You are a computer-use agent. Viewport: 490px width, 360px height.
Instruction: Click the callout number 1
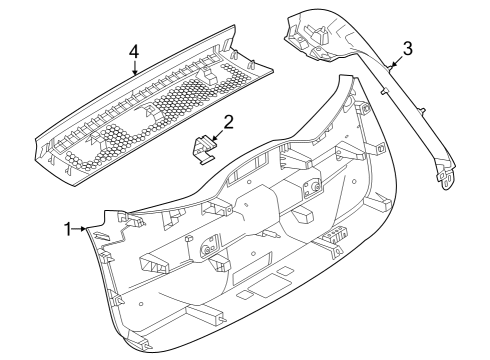[x=68, y=229]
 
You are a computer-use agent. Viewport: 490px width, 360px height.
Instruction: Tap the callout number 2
[x=229, y=123]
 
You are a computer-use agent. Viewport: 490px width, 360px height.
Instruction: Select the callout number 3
[x=407, y=48]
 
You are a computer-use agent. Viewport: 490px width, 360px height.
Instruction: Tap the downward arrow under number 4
[x=135, y=67]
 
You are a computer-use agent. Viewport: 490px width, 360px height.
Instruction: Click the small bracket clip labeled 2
[x=206, y=148]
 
